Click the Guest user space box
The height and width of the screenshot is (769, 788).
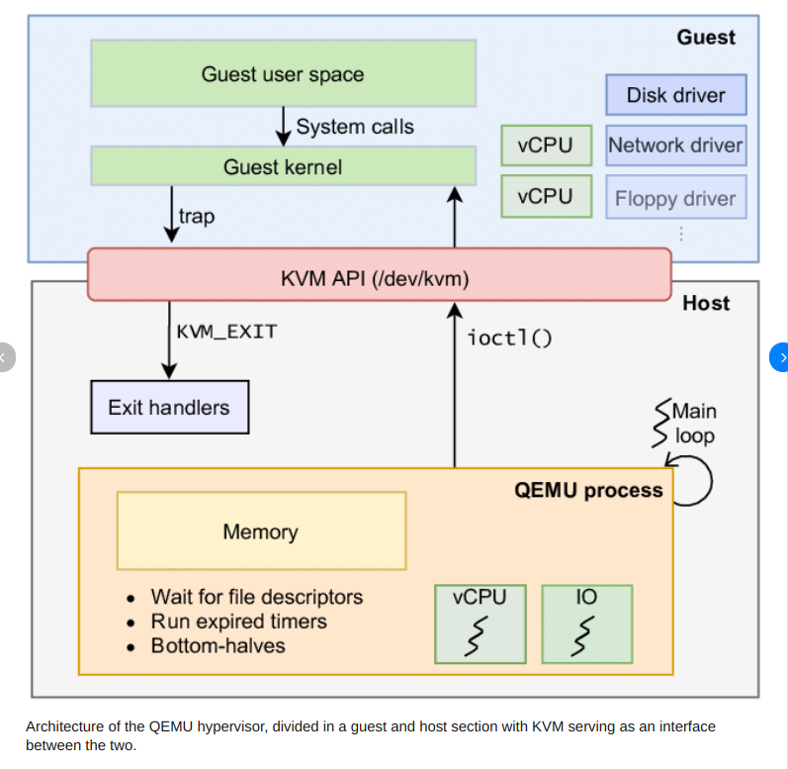tap(283, 74)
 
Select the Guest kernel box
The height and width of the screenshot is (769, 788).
tap(283, 166)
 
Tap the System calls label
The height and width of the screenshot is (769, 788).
tap(355, 127)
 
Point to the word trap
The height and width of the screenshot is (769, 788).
tap(196, 215)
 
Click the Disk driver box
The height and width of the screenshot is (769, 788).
tap(675, 95)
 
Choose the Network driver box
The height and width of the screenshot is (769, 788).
tap(675, 145)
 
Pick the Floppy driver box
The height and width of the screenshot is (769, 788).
tap(675, 198)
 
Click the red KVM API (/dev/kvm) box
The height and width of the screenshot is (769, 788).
tap(380, 274)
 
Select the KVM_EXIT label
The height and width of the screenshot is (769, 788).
tap(226, 332)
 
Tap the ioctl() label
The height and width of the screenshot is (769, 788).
tap(509, 337)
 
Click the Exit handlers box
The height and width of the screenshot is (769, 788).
tap(169, 407)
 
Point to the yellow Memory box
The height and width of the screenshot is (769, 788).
tap(261, 531)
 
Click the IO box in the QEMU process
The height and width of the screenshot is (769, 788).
tap(586, 624)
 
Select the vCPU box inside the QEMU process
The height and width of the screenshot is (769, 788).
tap(480, 624)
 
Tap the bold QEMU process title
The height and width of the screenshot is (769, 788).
tap(588, 490)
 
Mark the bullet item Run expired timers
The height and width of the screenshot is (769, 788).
tap(238, 622)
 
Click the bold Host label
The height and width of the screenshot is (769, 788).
tap(706, 303)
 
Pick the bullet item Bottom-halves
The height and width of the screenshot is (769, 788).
tap(218, 645)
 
